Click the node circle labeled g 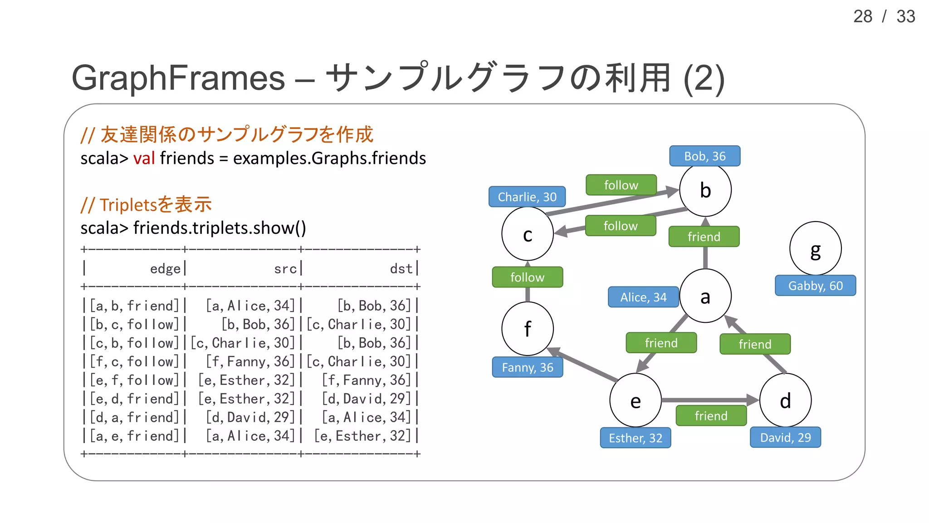(x=815, y=248)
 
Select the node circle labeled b (x=705, y=190)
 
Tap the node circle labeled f (x=527, y=329)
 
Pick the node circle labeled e (x=635, y=400)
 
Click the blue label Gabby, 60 (x=815, y=286)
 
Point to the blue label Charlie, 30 (x=527, y=197)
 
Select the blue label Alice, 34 (x=643, y=297)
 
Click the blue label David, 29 (x=785, y=437)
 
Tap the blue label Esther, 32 (x=635, y=438)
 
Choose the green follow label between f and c (x=527, y=277)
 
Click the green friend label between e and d (x=710, y=415)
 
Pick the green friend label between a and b (x=704, y=237)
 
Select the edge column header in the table (x=165, y=268)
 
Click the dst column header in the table (x=401, y=268)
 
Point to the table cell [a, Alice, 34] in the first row (x=250, y=306)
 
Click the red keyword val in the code (x=144, y=158)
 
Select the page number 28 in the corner (x=862, y=17)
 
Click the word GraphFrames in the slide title (x=178, y=78)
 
